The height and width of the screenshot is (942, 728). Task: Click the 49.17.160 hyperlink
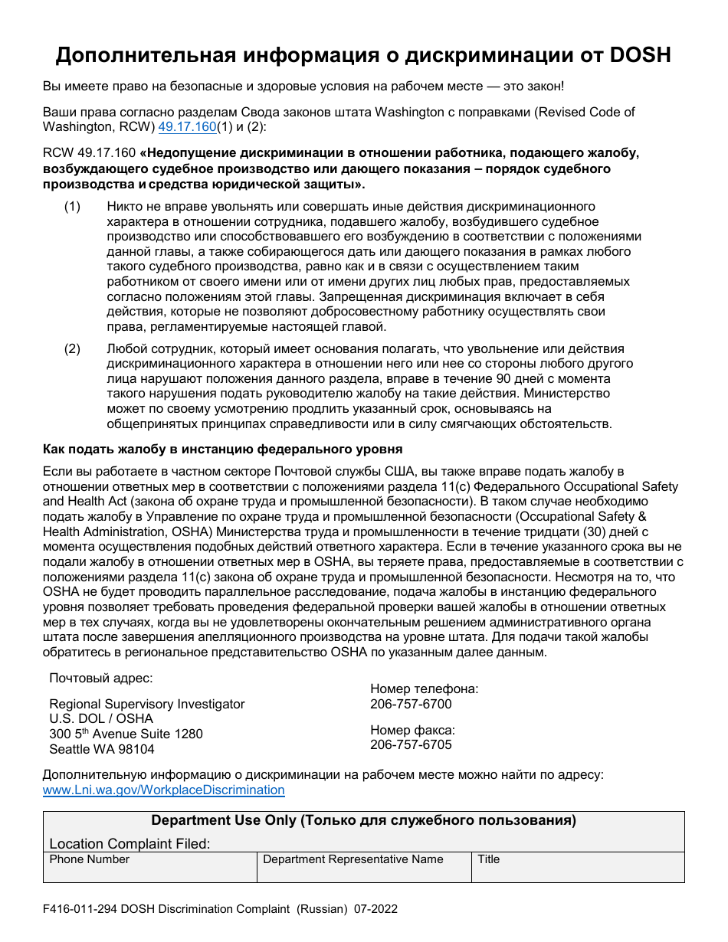coord(187,127)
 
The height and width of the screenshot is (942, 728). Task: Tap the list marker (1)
coord(72,207)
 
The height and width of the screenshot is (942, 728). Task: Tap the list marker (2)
coord(72,349)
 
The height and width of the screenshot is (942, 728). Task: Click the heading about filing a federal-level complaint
coord(222,449)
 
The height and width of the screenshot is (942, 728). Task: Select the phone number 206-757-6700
coord(411,704)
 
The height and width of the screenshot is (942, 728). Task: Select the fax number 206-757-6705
coord(411,744)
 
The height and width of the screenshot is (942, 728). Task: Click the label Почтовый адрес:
coord(100,678)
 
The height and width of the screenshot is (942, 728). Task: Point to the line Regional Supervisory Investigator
coord(147,704)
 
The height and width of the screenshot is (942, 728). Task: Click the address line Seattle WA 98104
coord(102,749)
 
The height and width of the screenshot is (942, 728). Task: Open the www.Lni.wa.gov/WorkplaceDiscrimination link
coord(163,790)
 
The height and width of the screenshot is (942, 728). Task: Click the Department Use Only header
coord(363,820)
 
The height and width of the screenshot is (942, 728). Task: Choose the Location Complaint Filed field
coord(363,843)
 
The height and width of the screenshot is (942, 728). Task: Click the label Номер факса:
coord(412,730)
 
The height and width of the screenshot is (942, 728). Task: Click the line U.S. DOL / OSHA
coord(101,718)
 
